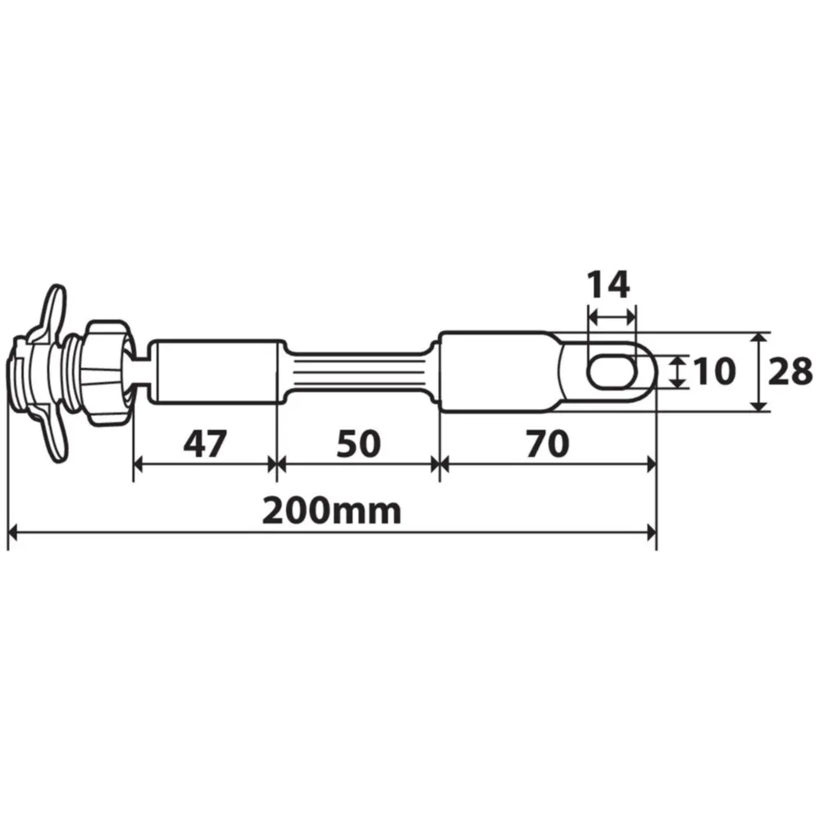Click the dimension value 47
[x=205, y=444]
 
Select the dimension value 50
[x=358, y=444]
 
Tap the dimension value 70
[x=548, y=444]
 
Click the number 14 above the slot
[x=608, y=285]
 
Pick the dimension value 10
[x=714, y=371]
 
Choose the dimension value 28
[x=790, y=371]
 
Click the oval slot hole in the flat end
[x=613, y=371]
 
